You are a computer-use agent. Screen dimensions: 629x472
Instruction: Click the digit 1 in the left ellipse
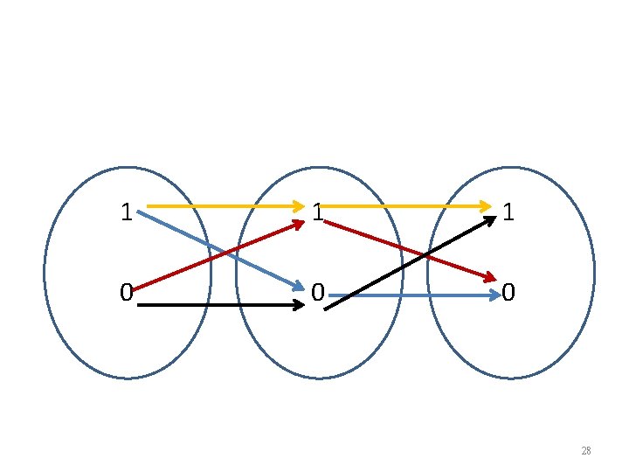(x=127, y=212)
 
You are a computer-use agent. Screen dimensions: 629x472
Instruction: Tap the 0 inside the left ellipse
(x=127, y=292)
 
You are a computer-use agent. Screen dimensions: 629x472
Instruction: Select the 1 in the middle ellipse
(x=318, y=212)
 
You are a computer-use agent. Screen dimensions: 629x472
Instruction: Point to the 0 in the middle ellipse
(x=319, y=292)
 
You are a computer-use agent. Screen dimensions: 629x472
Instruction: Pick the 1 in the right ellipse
(x=508, y=212)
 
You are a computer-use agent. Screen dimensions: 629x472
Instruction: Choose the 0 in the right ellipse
(x=508, y=292)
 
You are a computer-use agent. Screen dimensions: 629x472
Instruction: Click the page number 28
(x=585, y=451)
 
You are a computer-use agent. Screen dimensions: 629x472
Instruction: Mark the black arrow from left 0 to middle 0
(x=218, y=306)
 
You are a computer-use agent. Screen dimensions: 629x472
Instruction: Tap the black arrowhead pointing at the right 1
(x=487, y=221)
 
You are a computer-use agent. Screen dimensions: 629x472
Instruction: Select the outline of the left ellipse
(x=45, y=273)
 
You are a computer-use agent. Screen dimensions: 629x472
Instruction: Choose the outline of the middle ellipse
(x=237, y=273)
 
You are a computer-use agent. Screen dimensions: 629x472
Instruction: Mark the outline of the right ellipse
(x=594, y=273)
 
